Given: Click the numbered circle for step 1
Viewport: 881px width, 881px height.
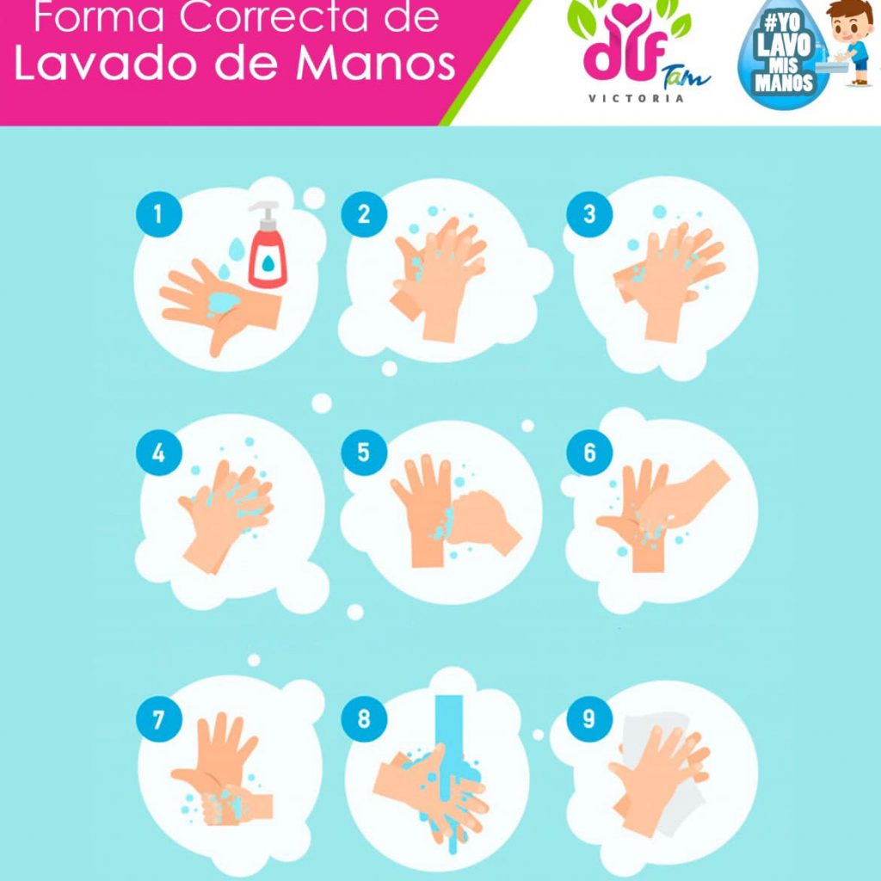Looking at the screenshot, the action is pos(159,214).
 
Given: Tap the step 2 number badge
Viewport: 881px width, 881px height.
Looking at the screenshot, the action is pos(364,214).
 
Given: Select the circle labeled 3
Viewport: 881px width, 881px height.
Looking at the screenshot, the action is pos(589,214).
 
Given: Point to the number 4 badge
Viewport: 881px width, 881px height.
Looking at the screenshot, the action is pos(159,453).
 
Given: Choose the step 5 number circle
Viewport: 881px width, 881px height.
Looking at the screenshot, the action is pos(364,453).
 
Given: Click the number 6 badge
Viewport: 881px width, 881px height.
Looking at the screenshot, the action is pos(589,453).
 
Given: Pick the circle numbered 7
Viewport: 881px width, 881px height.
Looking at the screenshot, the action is pos(159,718).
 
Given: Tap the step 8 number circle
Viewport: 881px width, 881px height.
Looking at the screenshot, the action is pos(364,718).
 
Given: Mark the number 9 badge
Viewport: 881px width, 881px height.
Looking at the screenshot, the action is pos(589,718).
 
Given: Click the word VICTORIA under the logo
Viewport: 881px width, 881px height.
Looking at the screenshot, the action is pos(636,99).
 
